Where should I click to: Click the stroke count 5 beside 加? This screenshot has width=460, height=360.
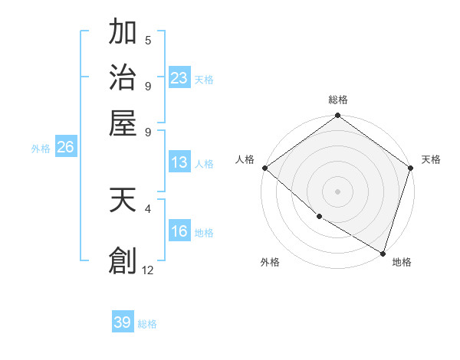click(x=148, y=41)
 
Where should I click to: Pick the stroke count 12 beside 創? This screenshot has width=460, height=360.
click(x=148, y=270)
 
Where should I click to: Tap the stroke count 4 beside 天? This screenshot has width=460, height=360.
click(x=148, y=208)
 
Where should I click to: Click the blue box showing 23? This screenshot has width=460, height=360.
click(x=179, y=77)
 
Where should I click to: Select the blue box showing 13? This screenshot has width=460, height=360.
click(x=179, y=162)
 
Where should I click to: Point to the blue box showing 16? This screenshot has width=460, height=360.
click(x=179, y=231)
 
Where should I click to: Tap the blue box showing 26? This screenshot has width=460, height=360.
click(x=65, y=148)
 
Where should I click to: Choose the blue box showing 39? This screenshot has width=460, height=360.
click(x=123, y=322)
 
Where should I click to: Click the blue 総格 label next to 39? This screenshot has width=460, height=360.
click(x=147, y=324)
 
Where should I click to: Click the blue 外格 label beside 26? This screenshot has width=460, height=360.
click(x=41, y=149)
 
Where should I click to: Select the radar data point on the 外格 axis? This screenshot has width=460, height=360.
click(x=319, y=217)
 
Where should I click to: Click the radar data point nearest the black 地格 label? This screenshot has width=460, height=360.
click(x=383, y=252)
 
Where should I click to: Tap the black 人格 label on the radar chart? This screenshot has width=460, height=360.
click(x=245, y=159)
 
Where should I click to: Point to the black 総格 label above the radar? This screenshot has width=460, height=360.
click(x=338, y=100)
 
